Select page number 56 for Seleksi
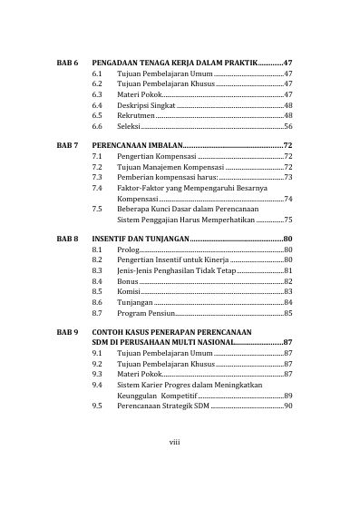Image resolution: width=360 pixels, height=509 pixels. pyautogui.click(x=287, y=128)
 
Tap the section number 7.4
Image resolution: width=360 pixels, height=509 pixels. pyautogui.click(x=97, y=187)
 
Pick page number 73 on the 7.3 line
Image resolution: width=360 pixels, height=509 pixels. pyautogui.click(x=287, y=177)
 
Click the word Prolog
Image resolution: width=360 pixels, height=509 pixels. pyautogui.click(x=129, y=249)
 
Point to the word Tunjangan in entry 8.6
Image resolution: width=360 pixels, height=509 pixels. pyautogui.click(x=135, y=303)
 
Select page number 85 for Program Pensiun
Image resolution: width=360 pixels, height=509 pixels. pyautogui.click(x=287, y=314)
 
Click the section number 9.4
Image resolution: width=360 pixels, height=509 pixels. pyautogui.click(x=97, y=385)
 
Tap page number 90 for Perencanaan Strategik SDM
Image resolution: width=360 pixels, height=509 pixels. pyautogui.click(x=287, y=406)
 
